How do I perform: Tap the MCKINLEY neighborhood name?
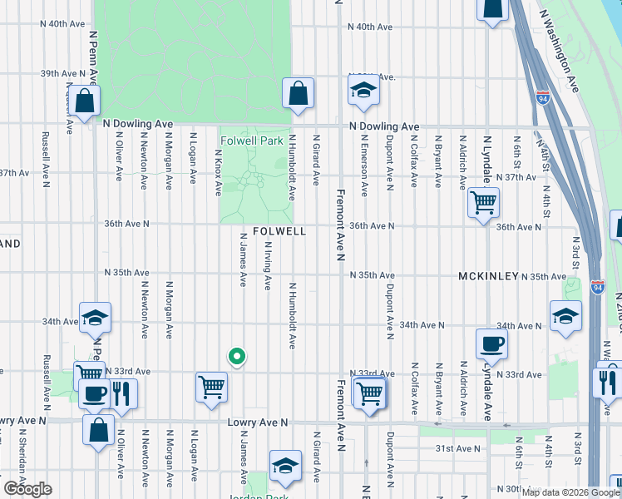[488, 275]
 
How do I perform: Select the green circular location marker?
[236, 357]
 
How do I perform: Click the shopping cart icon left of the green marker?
[211, 386]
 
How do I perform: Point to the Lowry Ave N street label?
[258, 423]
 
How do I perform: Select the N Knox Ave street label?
[219, 171]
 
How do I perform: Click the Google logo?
[27, 489]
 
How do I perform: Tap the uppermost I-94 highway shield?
[542, 97]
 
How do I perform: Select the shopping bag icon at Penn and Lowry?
[98, 430]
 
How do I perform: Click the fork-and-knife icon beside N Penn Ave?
[123, 392]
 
